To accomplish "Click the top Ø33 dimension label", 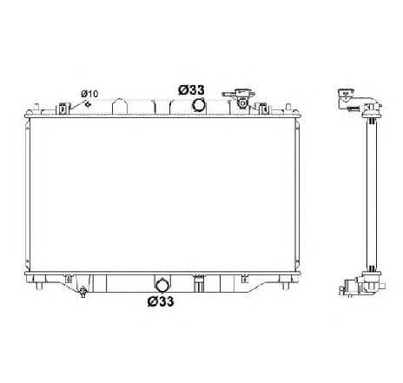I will tap(193, 89).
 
